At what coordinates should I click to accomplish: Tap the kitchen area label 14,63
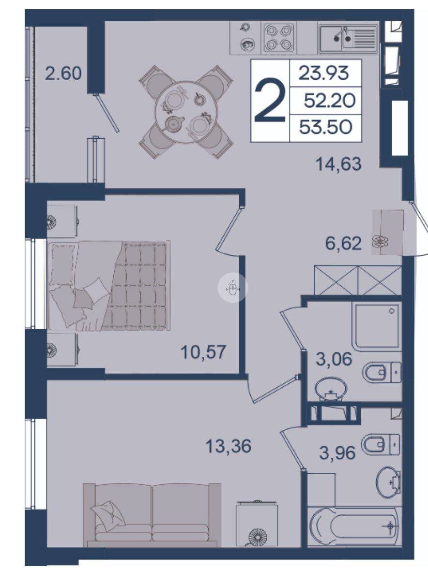coord(339,164)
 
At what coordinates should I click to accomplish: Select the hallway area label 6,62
coord(343,243)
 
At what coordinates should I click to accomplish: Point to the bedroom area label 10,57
coord(203,352)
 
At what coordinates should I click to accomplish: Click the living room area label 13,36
coord(228,446)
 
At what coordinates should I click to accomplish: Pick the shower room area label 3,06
coord(334,359)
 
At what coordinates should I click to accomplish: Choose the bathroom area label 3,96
coord(337,452)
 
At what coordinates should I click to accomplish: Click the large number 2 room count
coord(270,101)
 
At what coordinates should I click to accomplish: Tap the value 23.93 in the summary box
coord(323,73)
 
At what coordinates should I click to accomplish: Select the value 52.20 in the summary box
coord(329,101)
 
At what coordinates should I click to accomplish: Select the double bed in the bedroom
coord(109,285)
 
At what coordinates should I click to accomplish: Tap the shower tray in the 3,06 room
coord(378,326)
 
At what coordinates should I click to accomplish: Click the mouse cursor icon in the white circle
coord(233,289)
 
